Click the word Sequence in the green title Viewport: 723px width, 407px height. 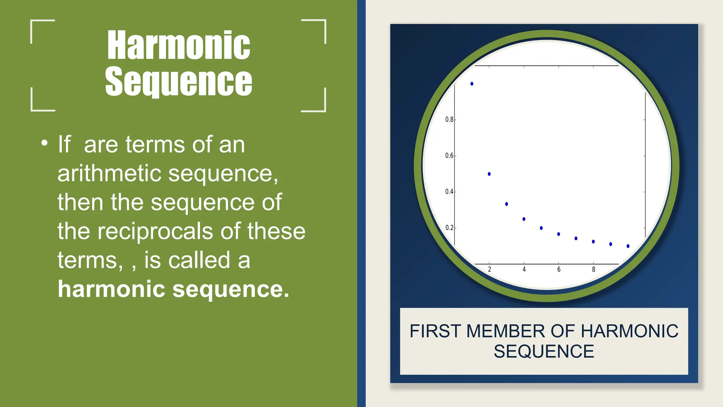(179, 82)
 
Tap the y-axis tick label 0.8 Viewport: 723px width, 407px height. (449, 119)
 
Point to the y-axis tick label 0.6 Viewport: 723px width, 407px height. (449, 155)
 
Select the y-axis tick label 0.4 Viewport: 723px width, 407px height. (449, 191)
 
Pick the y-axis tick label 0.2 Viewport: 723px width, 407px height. (449, 228)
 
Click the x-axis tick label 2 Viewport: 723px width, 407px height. (489, 270)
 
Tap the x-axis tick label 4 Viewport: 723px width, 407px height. (524, 270)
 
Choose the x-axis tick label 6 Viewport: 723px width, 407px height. (559, 270)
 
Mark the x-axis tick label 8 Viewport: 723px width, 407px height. (593, 270)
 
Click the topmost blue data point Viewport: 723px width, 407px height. (472, 84)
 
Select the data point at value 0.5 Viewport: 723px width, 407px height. (489, 174)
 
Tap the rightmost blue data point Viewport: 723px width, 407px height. (628, 246)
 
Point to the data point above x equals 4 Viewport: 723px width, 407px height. (524, 219)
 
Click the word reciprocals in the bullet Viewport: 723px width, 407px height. (155, 231)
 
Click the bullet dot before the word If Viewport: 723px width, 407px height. (44, 143)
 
